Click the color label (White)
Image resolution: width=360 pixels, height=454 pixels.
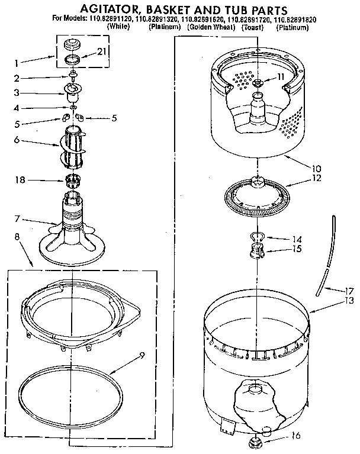120,27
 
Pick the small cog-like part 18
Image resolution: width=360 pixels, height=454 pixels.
71,180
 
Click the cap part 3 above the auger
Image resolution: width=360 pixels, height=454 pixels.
73,92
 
